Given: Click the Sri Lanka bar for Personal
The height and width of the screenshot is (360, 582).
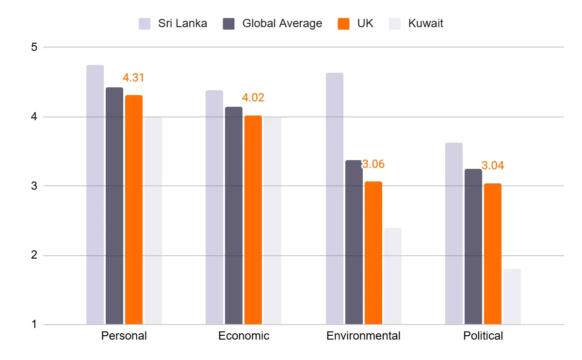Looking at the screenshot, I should click(95, 195).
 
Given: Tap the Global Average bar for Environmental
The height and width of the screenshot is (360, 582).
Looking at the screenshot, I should click(354, 242).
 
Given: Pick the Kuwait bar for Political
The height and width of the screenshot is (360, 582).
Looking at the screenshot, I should click(512, 296).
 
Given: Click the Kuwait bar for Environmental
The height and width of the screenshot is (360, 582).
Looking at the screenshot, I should click(393, 276).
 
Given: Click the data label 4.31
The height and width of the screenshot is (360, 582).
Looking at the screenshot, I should click(133, 78).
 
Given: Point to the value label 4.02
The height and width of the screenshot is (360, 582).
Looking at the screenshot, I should click(253, 98).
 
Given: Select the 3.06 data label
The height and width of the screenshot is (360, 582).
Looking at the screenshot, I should click(373, 164).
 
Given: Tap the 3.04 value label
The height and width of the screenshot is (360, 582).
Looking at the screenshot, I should click(493, 166).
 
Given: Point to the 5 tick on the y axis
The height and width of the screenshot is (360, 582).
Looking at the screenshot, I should click(33, 48).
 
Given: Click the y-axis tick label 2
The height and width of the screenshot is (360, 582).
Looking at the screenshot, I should click(33, 255).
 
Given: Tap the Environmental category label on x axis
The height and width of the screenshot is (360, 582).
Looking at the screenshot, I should click(363, 336).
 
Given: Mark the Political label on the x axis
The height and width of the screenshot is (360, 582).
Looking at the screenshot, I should click(483, 336).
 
